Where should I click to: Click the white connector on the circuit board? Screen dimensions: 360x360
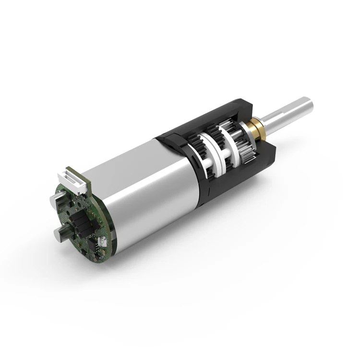click(x=75, y=179)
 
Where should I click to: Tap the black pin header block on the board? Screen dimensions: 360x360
click(x=77, y=221)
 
